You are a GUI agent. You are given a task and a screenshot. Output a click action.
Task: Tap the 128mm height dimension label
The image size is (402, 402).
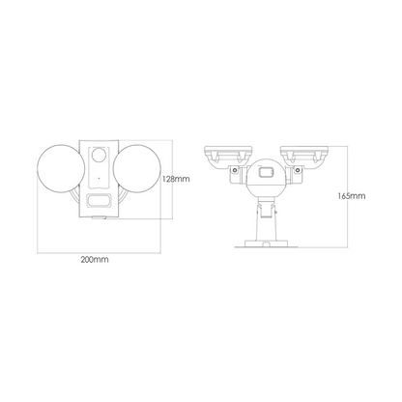[176, 179]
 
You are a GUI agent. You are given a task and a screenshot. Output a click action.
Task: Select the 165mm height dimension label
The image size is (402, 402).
[352, 196]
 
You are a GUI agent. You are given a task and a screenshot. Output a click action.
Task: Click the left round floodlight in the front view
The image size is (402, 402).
[62, 169]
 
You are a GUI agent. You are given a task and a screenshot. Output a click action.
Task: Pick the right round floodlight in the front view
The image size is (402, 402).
[136, 169]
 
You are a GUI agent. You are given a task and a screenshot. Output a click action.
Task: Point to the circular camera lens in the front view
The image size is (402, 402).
[99, 156]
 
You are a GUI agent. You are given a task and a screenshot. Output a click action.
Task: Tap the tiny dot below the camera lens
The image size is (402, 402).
[99, 178]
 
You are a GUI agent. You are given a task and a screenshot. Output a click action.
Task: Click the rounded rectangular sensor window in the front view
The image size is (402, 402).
[99, 200]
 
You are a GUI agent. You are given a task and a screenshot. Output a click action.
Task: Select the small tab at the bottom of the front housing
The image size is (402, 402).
[99, 217]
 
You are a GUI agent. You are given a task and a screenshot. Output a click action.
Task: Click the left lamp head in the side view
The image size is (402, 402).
[228, 157]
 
